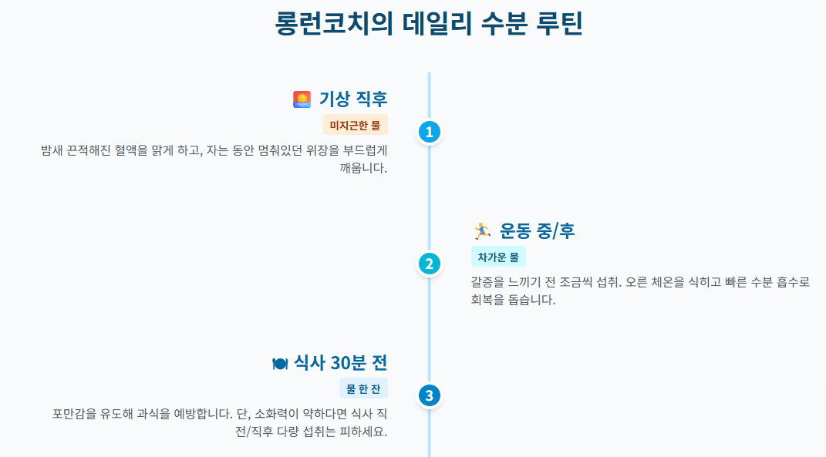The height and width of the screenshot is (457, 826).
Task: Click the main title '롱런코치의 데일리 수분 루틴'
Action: (x=428, y=24)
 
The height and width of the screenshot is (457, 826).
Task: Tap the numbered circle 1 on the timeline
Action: (x=429, y=132)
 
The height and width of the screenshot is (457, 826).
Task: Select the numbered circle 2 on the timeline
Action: (x=429, y=264)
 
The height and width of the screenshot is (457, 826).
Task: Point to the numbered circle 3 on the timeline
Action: (x=429, y=395)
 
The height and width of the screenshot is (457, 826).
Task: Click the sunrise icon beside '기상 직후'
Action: (x=302, y=99)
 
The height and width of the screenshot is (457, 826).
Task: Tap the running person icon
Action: (x=481, y=230)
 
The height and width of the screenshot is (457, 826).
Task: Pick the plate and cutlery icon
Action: (x=280, y=363)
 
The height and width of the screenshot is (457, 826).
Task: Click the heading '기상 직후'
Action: (x=353, y=99)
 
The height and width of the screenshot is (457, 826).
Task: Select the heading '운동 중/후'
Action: (x=537, y=230)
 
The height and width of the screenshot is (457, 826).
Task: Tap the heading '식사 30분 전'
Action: (x=340, y=363)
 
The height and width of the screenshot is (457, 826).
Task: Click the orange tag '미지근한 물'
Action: (x=355, y=125)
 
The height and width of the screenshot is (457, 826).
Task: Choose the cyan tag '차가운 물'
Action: (x=498, y=257)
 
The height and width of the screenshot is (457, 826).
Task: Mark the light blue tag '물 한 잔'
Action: (x=363, y=388)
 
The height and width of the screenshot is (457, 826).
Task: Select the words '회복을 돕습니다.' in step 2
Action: (x=513, y=300)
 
